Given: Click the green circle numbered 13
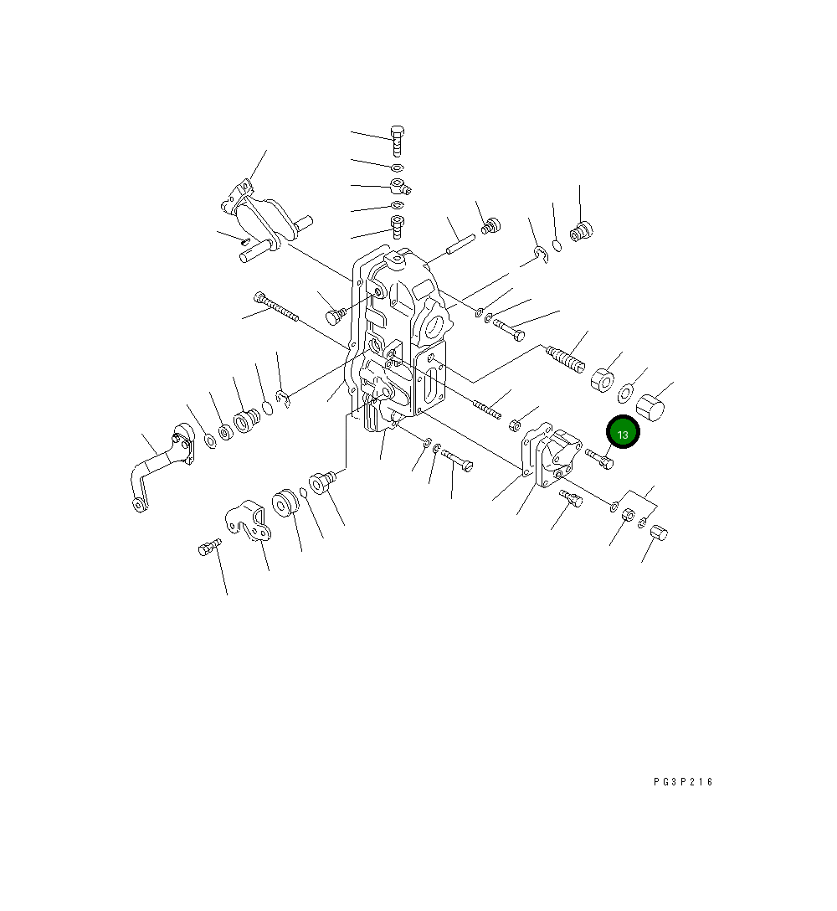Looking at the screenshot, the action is click(x=623, y=432).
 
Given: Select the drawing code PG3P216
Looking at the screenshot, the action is click(x=683, y=782).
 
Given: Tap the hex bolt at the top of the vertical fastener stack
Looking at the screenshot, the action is click(x=398, y=141).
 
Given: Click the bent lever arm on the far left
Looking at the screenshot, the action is click(x=161, y=468).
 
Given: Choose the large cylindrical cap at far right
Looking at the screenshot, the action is click(x=650, y=409).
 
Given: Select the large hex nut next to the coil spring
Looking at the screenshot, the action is click(x=603, y=379).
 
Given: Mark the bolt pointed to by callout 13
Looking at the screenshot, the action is click(x=599, y=458).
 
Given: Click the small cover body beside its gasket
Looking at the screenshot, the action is click(x=558, y=459).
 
